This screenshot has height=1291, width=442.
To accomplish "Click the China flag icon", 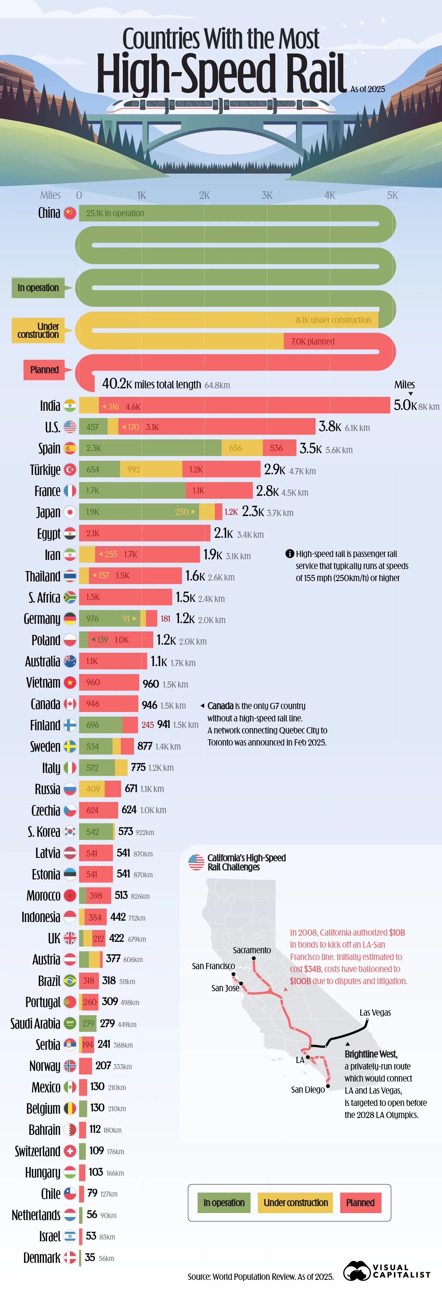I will pos(70,213).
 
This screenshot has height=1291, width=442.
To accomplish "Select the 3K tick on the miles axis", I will pos(267,195).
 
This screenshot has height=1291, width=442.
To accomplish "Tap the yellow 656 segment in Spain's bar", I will pos(242,448).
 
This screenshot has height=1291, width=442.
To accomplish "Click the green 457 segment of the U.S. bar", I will pos(93,427).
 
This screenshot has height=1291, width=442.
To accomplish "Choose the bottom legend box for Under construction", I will pos(296,1203).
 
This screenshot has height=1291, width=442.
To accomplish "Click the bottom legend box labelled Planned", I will pos(360,1203).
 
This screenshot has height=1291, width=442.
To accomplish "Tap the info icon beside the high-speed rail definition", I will pos(289,554).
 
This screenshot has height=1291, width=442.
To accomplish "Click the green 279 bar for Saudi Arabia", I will pos(88,1023).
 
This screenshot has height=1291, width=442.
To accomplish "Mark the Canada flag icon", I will pos(70,704).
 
